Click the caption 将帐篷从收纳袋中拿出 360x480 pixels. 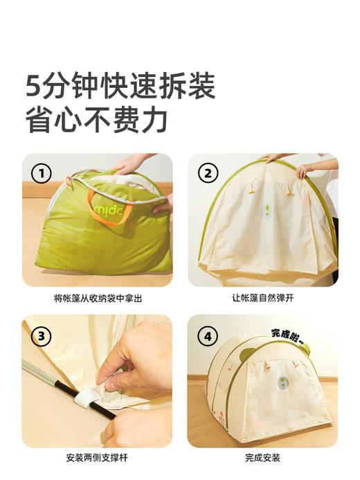pyautogui.click(x=97, y=299)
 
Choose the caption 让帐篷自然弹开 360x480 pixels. pyautogui.click(x=262, y=299)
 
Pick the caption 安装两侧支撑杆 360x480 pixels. pyautogui.click(x=97, y=458)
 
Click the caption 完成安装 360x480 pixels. pyautogui.click(x=262, y=458)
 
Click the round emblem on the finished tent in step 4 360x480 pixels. pyautogui.click(x=282, y=383)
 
